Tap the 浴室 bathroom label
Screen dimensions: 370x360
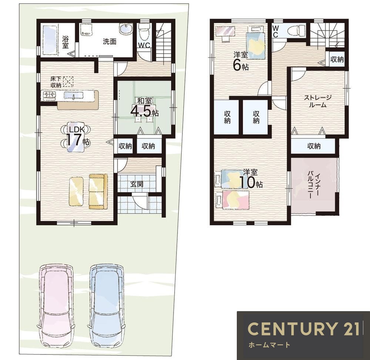tap(65, 42)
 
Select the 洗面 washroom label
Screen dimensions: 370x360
tap(110, 41)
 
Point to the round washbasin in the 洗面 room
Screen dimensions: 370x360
tap(125, 30)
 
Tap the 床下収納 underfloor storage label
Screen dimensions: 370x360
tap(56, 82)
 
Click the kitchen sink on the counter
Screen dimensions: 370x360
tap(74, 95)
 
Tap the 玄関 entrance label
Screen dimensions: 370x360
tap(137, 184)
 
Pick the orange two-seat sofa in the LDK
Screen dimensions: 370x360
tap(98, 192)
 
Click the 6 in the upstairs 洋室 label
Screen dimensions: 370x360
tap(237, 65)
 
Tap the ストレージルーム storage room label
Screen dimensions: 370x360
tap(317, 101)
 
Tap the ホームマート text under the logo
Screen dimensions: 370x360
tap(269, 345)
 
